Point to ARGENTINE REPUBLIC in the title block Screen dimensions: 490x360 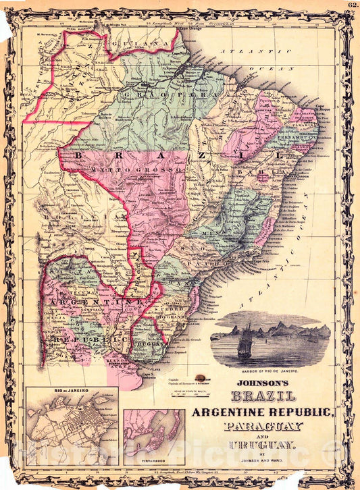pyautogui.click(x=263, y=412)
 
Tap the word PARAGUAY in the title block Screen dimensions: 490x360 pyautogui.click(x=264, y=427)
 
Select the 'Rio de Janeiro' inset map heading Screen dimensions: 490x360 pyautogui.click(x=71, y=391)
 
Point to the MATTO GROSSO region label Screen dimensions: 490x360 pyautogui.click(x=132, y=171)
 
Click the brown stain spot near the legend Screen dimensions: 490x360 pyautogui.click(x=199, y=379)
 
